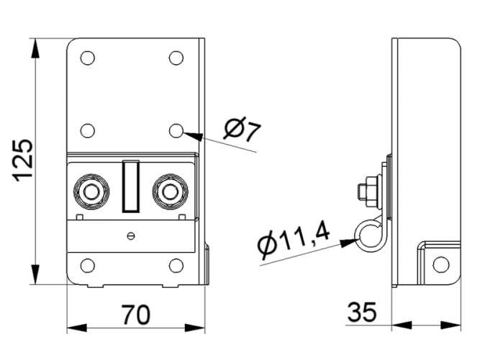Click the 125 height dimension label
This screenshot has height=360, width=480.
point(22,161)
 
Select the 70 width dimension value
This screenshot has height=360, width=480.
point(136,315)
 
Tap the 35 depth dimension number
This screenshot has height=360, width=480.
point(362,312)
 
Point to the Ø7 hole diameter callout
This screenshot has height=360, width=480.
point(242,129)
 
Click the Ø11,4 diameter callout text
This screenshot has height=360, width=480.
point(294,240)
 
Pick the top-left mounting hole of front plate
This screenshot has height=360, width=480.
point(88,58)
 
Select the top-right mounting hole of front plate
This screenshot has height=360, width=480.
point(176,58)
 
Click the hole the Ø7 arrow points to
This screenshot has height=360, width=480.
point(176,130)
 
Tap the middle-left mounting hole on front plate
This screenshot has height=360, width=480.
point(88,130)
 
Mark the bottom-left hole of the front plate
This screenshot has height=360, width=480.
point(88,266)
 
